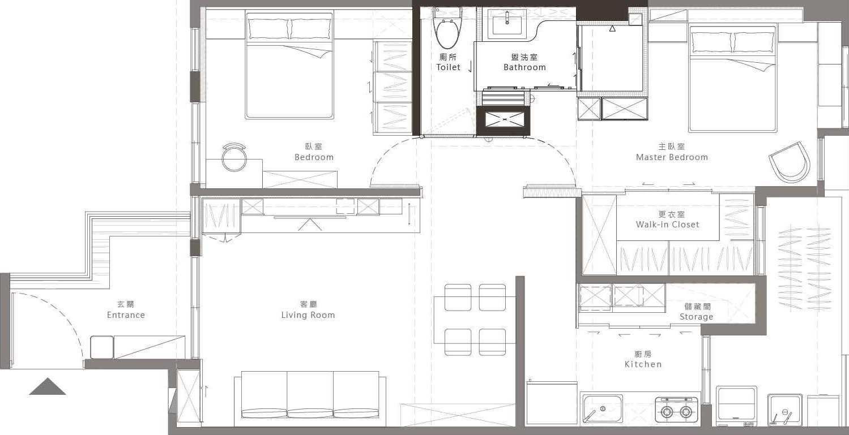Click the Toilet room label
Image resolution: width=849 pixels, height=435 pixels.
point(448,62)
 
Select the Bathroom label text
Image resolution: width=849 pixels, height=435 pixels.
point(524,62)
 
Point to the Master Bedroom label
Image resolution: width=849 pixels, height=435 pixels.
point(672,152)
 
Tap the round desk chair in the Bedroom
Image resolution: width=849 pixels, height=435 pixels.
point(234,157)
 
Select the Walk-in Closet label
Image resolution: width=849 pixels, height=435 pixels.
point(668,219)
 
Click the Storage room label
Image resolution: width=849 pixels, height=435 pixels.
point(697,312)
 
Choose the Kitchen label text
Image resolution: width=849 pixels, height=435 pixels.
point(643,359)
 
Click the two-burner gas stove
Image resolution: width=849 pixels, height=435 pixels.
point(677,410)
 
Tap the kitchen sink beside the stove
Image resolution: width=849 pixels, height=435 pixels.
point(603,408)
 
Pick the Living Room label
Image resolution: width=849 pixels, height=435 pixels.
point(308,310)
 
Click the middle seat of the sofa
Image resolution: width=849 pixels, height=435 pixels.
point(310,394)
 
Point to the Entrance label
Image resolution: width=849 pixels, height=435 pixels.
point(126,310)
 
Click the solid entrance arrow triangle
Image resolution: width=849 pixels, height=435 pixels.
point(48,386)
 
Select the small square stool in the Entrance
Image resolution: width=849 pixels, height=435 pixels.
point(102,347)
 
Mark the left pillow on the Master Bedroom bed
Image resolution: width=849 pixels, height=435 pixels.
point(711,42)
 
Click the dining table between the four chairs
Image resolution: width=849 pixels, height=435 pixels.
point(475,320)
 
